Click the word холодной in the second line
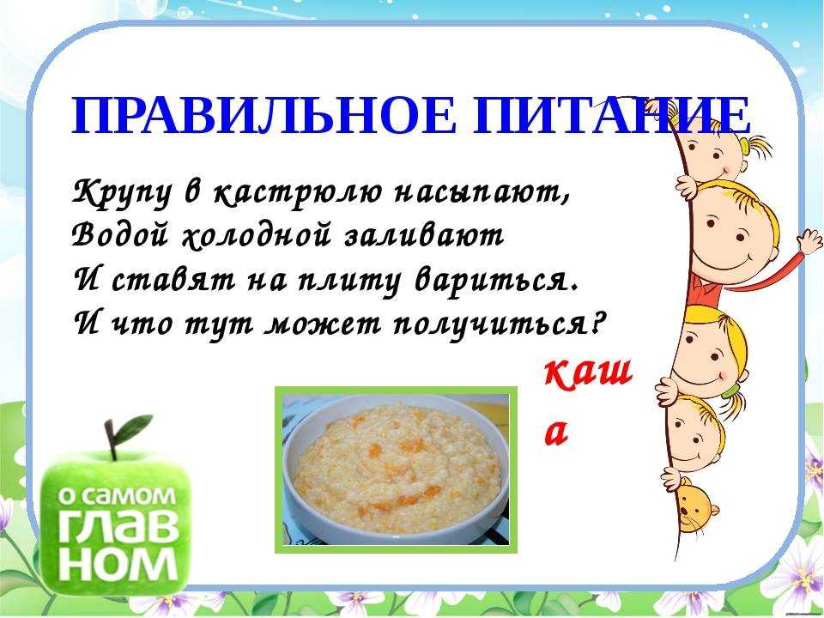click(257, 236)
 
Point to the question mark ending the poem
click(594, 322)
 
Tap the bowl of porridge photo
click(396, 470)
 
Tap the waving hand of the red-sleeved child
click(809, 240)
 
